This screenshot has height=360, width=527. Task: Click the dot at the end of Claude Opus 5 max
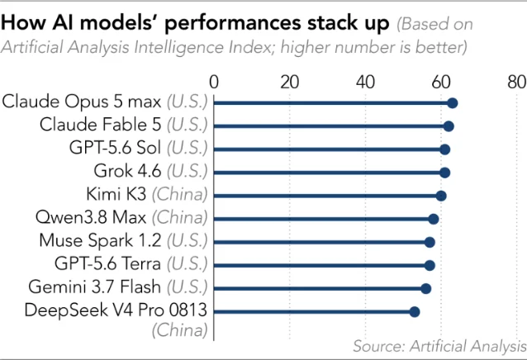click(453, 103)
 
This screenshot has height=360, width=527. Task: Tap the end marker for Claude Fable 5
click(449, 126)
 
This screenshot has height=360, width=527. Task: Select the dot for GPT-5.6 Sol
click(445, 149)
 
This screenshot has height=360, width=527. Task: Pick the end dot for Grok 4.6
click(445, 173)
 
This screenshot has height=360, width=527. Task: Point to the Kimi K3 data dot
click(441, 196)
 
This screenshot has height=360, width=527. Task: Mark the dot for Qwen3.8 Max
click(434, 219)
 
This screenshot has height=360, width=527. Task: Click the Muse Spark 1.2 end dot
click(430, 242)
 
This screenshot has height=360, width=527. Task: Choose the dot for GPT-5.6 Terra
click(430, 265)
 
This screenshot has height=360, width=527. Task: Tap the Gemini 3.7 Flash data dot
click(426, 288)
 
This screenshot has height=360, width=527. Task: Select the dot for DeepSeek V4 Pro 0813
click(415, 311)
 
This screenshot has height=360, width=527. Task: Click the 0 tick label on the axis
click(214, 82)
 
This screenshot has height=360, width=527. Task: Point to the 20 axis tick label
click(289, 82)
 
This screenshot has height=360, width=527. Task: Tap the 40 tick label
click(365, 82)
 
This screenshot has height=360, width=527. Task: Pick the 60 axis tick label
click(441, 82)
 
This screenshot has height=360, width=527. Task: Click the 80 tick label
click(517, 82)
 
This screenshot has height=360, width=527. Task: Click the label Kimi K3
click(116, 194)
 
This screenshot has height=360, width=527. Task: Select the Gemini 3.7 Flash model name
click(95, 287)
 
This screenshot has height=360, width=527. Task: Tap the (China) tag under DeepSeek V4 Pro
click(179, 329)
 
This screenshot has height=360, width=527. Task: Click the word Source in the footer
click(379, 346)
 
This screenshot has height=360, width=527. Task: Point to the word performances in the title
click(233, 23)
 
